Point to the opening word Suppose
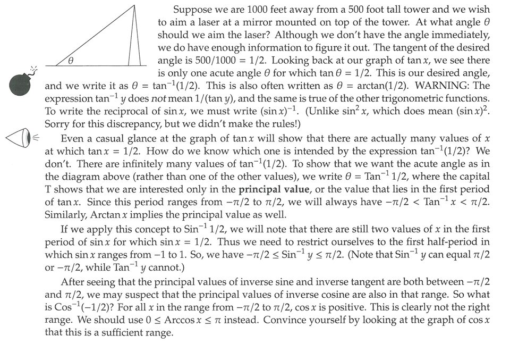(x=193, y=10)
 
